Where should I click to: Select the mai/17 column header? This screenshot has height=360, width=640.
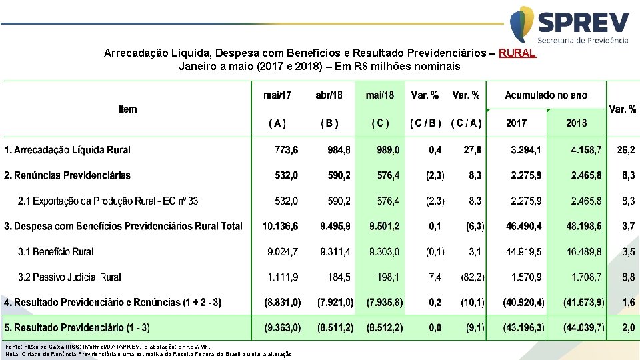click(x=277, y=95)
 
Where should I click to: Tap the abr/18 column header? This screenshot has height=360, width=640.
click(x=329, y=95)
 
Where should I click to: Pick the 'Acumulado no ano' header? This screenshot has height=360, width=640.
click(x=546, y=95)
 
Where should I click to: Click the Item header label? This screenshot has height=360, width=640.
click(x=127, y=109)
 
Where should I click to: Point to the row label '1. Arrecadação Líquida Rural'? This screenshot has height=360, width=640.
click(x=67, y=150)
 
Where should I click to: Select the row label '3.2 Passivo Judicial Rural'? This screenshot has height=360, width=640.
click(x=69, y=277)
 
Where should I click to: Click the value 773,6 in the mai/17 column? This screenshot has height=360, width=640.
click(x=287, y=150)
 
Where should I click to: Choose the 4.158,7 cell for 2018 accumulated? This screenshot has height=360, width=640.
click(x=586, y=150)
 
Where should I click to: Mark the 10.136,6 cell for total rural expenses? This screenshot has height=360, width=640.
click(x=280, y=226)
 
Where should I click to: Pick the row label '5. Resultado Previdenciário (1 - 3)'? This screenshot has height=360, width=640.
click(x=77, y=327)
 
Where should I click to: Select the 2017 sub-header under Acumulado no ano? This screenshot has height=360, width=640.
click(x=516, y=123)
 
